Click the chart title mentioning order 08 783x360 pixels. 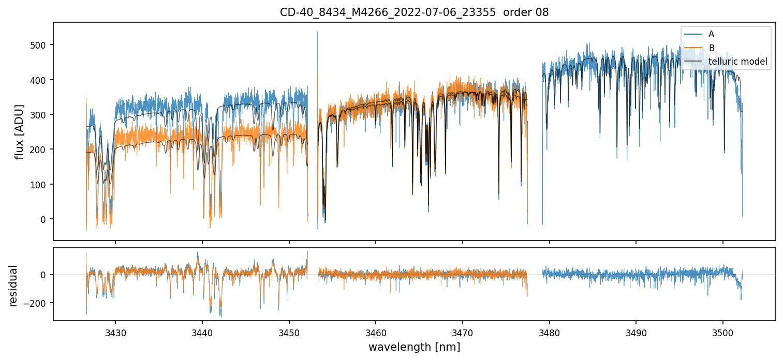point(414,12)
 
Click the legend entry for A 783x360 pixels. point(711,34)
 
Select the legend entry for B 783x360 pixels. point(711,48)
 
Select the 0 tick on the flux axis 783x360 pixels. point(44,219)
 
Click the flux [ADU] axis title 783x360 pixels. point(20,131)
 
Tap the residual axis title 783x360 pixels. point(13,286)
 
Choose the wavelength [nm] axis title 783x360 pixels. point(414,347)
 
